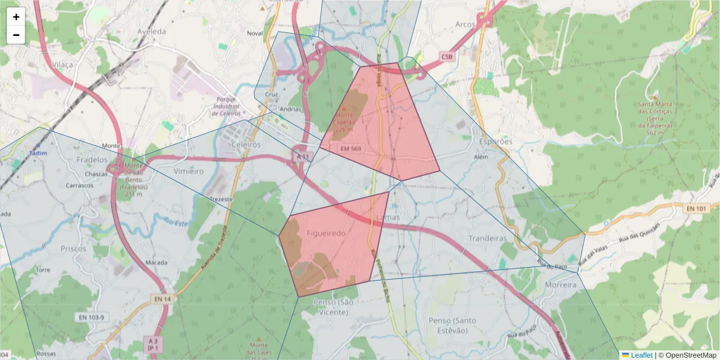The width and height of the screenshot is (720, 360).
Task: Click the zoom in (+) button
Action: click(x=16, y=17)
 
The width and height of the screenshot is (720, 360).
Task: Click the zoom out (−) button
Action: click(x=16, y=35)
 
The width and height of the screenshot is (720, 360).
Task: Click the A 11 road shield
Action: click(x=302, y=157)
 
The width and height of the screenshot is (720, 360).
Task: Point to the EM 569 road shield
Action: click(x=350, y=148)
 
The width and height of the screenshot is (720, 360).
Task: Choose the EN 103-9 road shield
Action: click(x=91, y=317)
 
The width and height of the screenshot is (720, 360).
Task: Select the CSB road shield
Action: click(x=447, y=57)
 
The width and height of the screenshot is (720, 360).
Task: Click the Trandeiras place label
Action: click(x=488, y=238)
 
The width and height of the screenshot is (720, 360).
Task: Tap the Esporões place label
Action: click(x=496, y=142)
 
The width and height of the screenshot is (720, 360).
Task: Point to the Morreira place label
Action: click(x=562, y=285)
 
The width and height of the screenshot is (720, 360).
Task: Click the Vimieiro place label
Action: click(x=188, y=171)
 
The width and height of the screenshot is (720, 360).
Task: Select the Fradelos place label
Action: click(x=92, y=160)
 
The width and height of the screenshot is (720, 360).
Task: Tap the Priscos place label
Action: click(x=74, y=248)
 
